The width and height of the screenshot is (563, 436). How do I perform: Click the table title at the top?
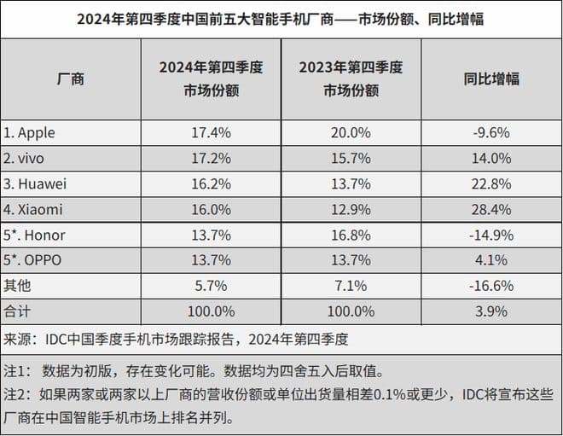point(281,17)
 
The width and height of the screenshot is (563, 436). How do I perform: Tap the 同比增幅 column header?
point(491,79)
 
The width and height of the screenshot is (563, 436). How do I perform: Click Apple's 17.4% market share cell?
point(209,133)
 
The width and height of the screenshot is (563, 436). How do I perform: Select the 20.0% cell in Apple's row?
point(351,133)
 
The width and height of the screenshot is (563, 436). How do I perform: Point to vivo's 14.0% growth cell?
point(491,159)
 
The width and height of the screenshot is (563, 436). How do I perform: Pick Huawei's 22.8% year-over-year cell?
point(491,183)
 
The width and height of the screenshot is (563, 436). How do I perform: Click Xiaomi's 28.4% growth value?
point(491,209)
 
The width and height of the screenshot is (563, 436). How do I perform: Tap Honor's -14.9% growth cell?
point(491,235)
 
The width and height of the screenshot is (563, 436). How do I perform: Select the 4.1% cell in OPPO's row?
point(491,259)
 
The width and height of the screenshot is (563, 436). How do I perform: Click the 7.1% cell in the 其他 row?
point(351,285)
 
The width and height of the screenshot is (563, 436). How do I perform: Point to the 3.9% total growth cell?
point(491,311)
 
